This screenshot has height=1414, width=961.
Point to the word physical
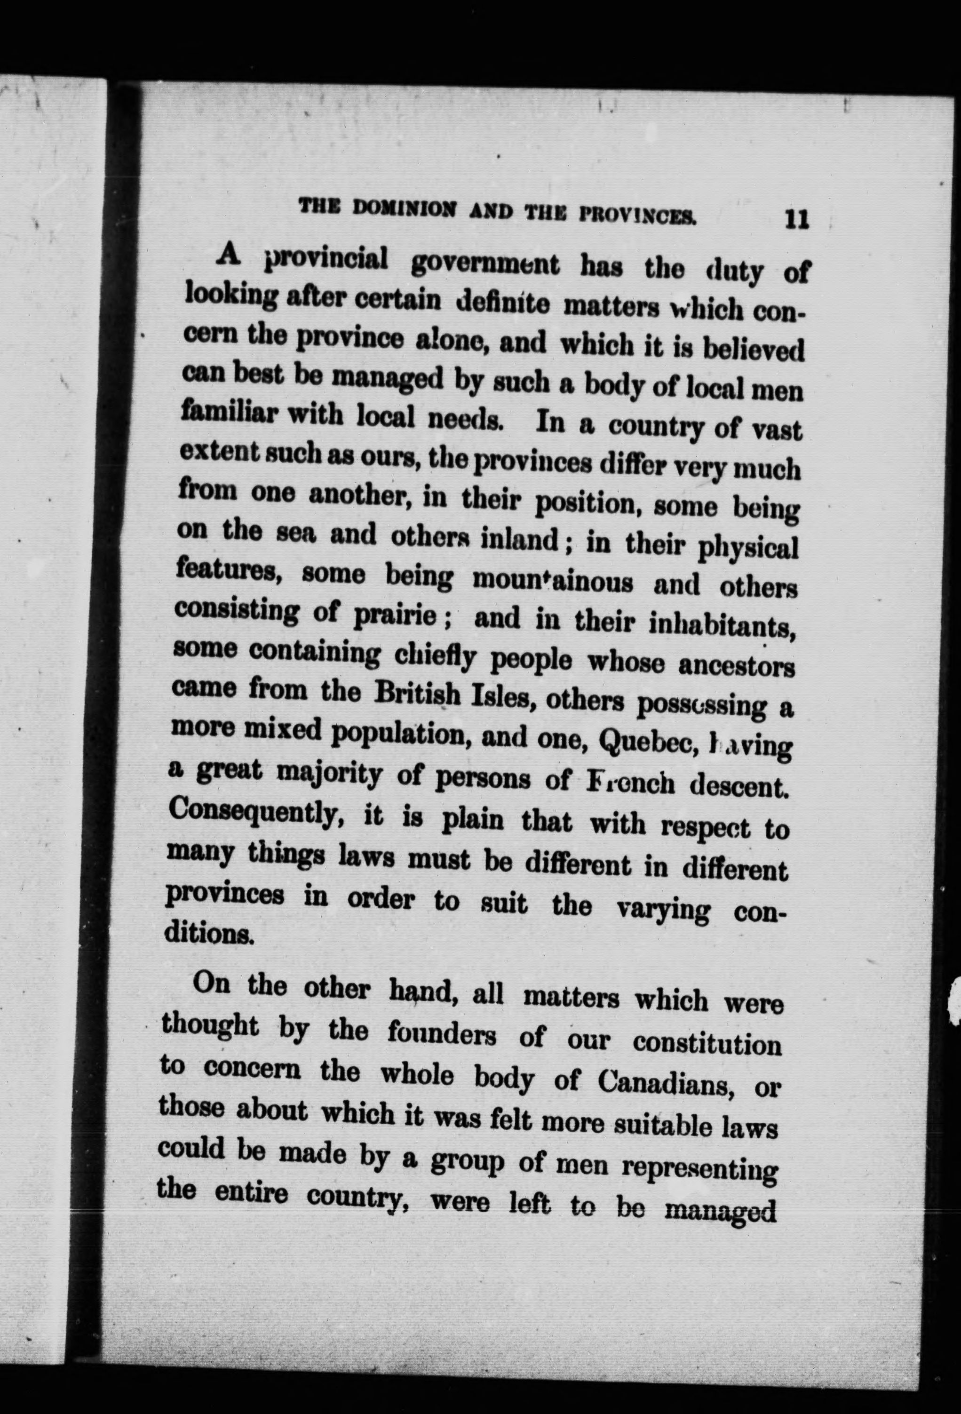747,549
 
